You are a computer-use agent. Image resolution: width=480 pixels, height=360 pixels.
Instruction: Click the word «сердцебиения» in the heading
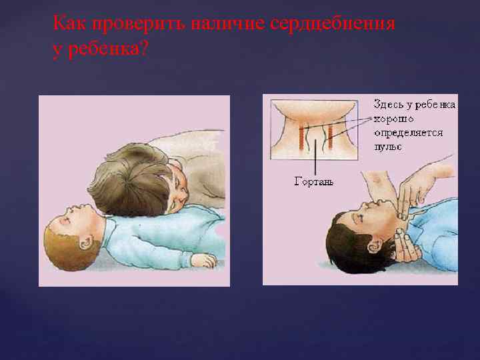coord(333,24)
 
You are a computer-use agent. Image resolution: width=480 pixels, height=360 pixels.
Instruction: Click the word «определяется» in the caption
coord(408,133)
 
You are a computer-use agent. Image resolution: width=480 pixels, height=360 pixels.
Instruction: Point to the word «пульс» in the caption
coord(387,147)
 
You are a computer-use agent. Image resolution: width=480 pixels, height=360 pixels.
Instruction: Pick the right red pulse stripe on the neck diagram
coord(330,136)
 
